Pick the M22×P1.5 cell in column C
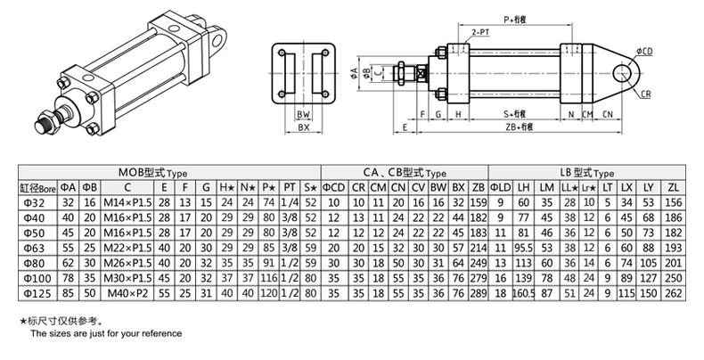[x=127, y=246]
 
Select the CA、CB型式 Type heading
[x=403, y=171]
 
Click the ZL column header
[x=673, y=187]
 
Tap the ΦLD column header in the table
[x=503, y=187]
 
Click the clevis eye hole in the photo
[x=217, y=37]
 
